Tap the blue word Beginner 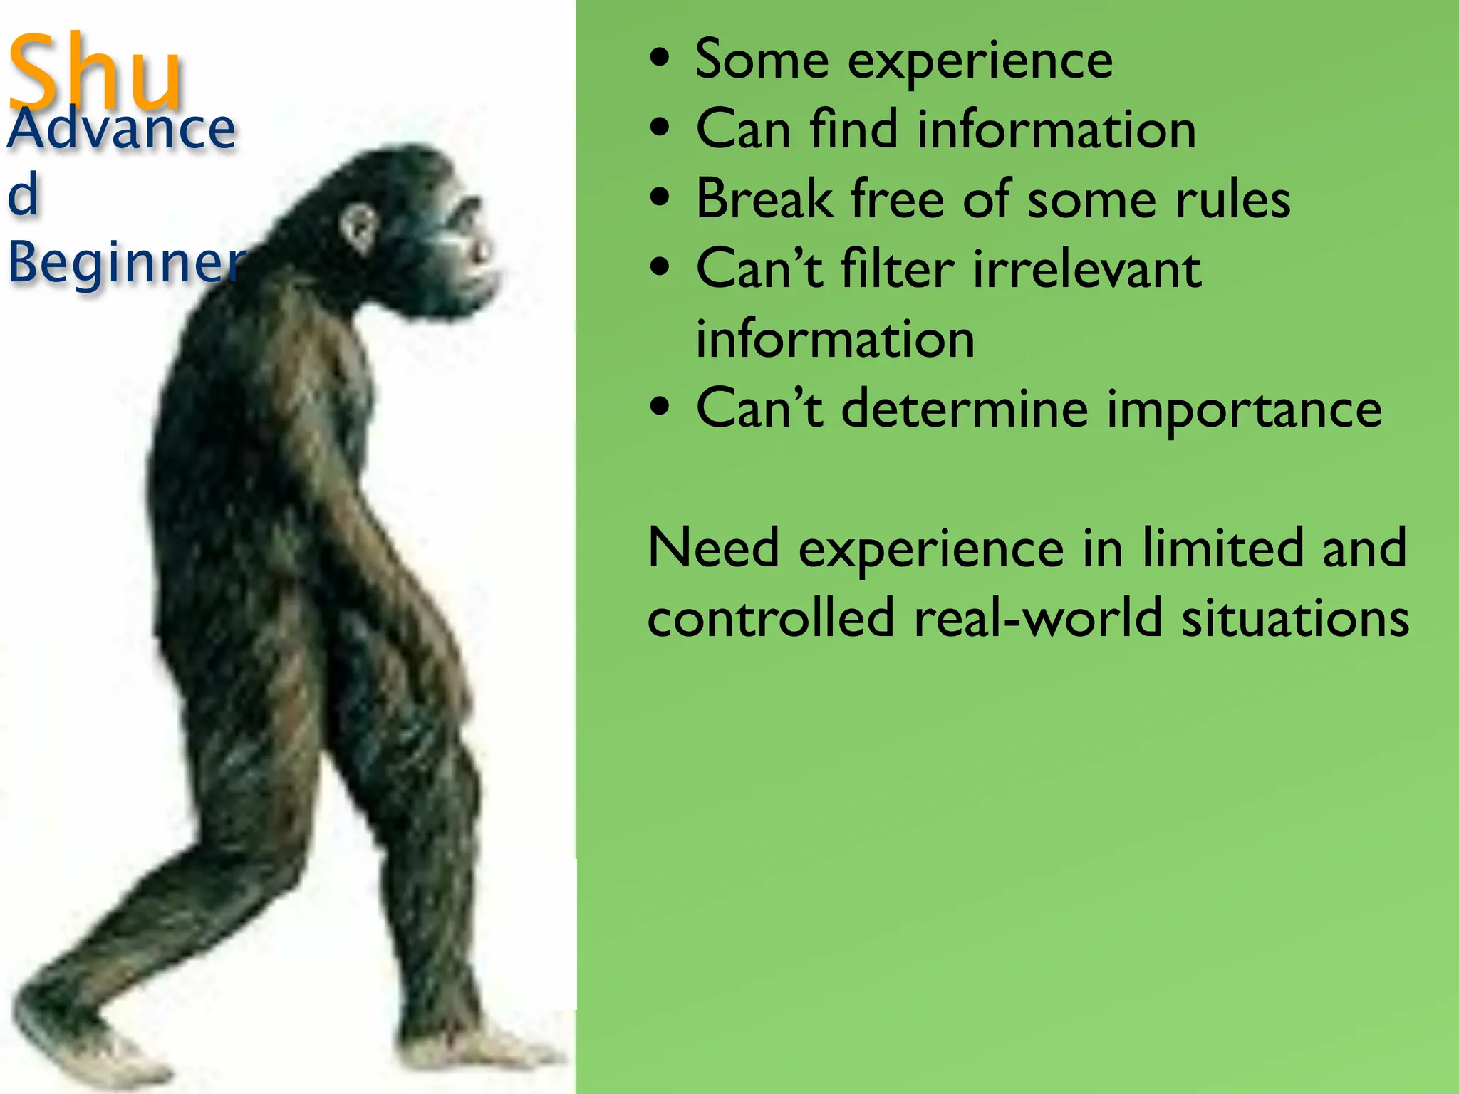(125, 262)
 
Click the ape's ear (358, 226)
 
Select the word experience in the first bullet (980, 61)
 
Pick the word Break (764, 199)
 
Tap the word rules (1232, 199)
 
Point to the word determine (965, 409)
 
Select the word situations (1295, 618)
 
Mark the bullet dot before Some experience (660, 60)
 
